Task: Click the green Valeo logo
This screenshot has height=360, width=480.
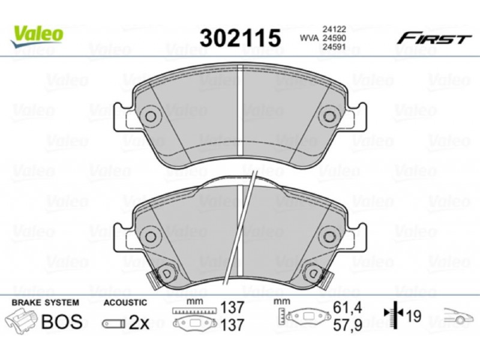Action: (37, 36)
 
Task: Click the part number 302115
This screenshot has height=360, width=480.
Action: (241, 38)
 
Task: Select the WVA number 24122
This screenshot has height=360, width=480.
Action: (334, 29)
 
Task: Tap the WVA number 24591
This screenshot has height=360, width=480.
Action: (334, 47)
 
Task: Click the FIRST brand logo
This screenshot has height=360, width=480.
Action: (434, 39)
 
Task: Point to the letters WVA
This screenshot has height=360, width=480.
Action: (309, 38)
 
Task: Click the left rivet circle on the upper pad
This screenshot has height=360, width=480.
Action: (151, 116)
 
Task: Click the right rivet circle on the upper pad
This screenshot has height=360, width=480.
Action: (329, 116)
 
